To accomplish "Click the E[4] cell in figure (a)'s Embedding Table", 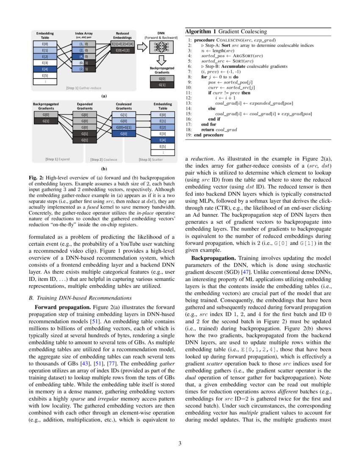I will coord(45,69).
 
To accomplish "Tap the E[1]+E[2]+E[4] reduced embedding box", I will coord(122,44).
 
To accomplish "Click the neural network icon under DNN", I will coord(161,46).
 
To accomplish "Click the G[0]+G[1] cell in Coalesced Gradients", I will coord(122,127).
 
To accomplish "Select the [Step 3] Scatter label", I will coord(150,160).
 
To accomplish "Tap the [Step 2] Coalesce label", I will coord(104,160).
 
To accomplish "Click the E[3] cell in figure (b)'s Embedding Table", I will coord(163,133).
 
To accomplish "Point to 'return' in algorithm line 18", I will coord(208,130).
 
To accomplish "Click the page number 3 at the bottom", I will coord(180,444).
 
